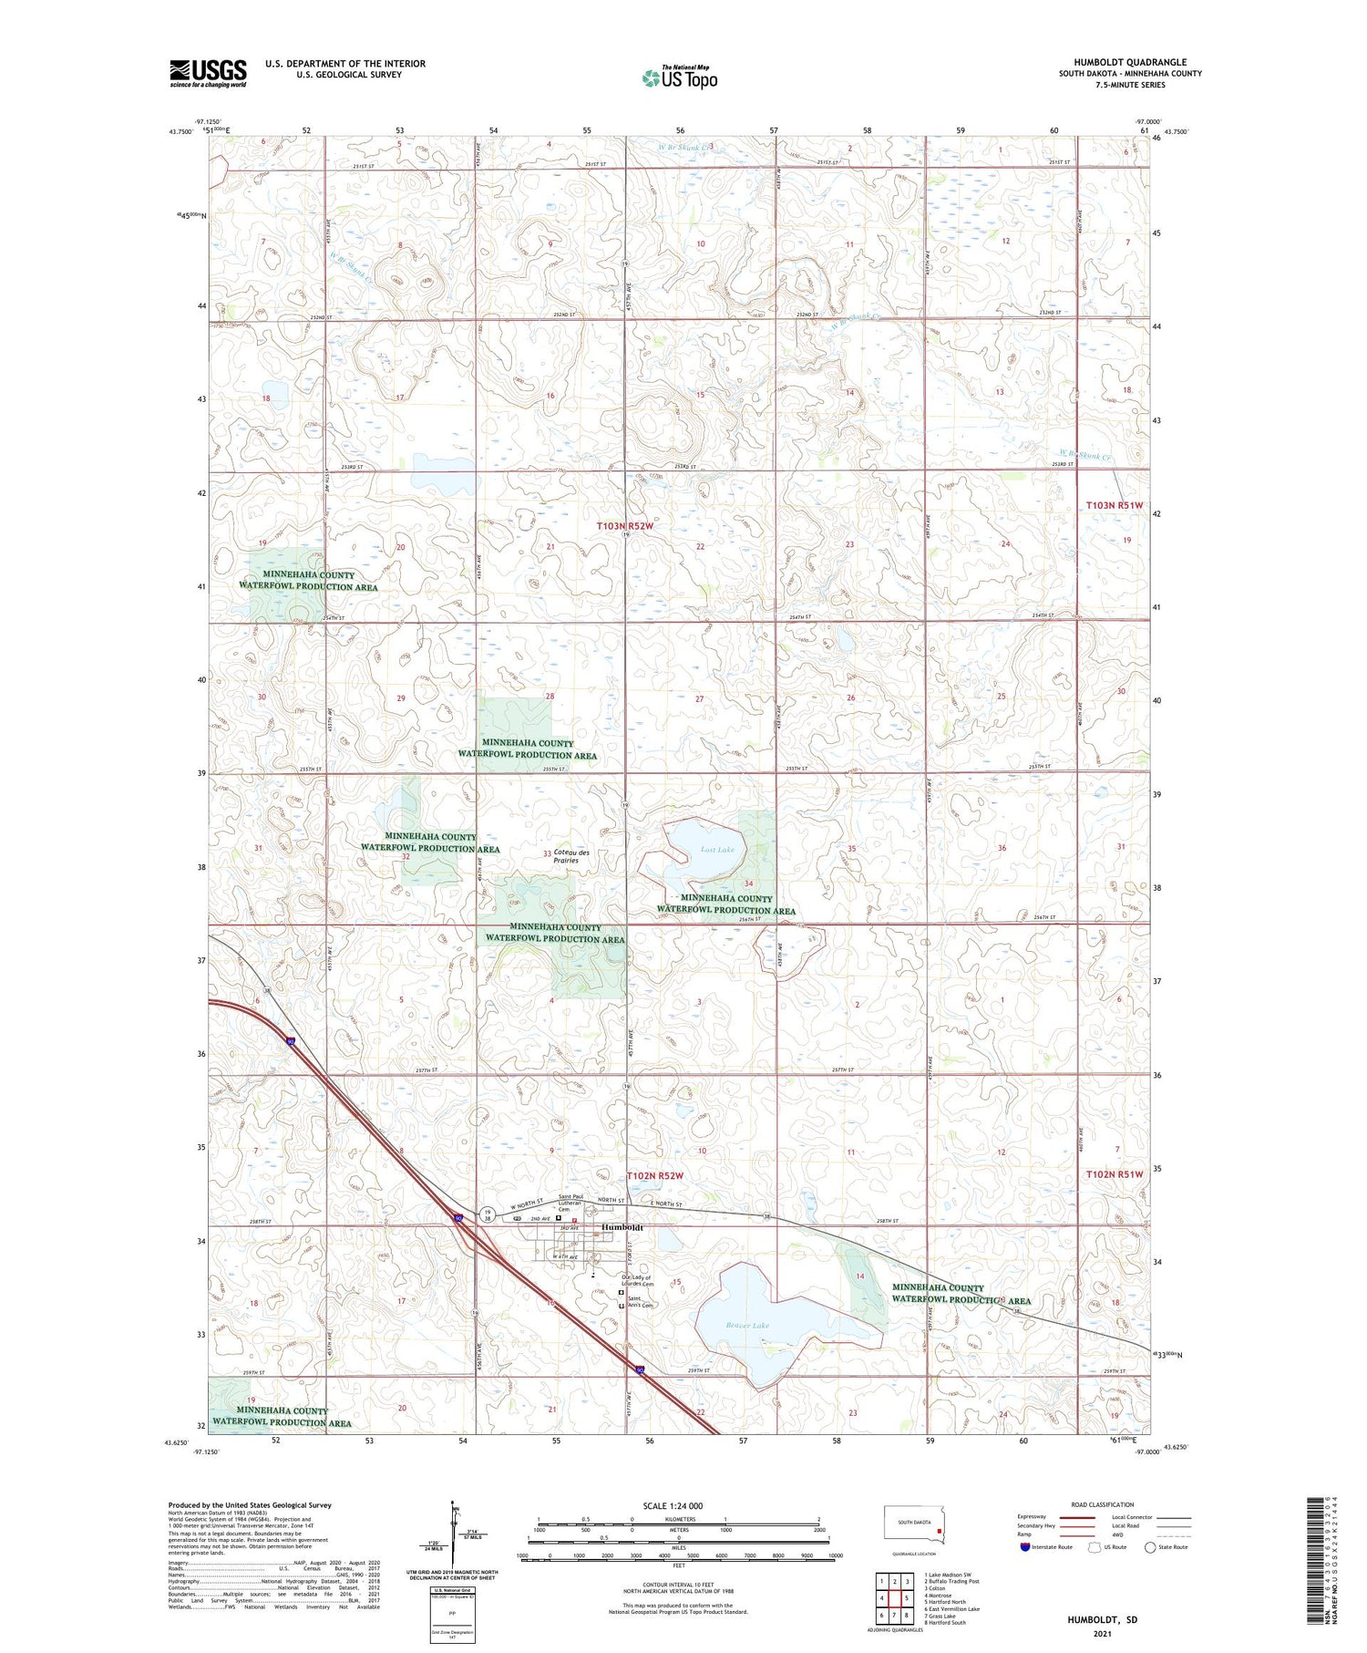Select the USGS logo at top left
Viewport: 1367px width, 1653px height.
(x=208, y=73)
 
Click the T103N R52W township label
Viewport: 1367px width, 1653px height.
(x=625, y=526)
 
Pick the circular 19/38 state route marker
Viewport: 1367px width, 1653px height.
(x=489, y=1214)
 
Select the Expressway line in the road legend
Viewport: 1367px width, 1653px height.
(x=1081, y=1517)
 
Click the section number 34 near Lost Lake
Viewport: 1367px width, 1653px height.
(x=748, y=883)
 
